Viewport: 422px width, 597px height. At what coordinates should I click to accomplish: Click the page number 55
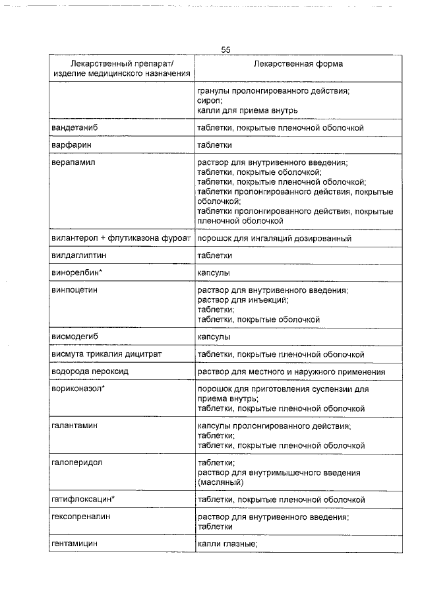(226, 50)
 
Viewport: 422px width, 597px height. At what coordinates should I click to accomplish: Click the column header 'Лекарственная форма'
(297, 64)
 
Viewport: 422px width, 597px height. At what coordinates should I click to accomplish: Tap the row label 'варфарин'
(71, 144)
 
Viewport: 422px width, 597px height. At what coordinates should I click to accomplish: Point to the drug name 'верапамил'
(73, 162)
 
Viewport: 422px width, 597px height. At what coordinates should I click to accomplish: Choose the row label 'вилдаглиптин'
(78, 255)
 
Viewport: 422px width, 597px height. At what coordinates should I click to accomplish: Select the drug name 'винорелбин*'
(76, 272)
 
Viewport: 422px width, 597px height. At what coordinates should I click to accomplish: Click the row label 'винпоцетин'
(75, 290)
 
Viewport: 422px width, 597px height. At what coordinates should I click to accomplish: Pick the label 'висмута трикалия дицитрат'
(106, 354)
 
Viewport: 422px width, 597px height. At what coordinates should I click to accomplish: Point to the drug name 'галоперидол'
(76, 462)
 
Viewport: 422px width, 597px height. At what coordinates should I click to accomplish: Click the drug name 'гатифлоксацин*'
(83, 499)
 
